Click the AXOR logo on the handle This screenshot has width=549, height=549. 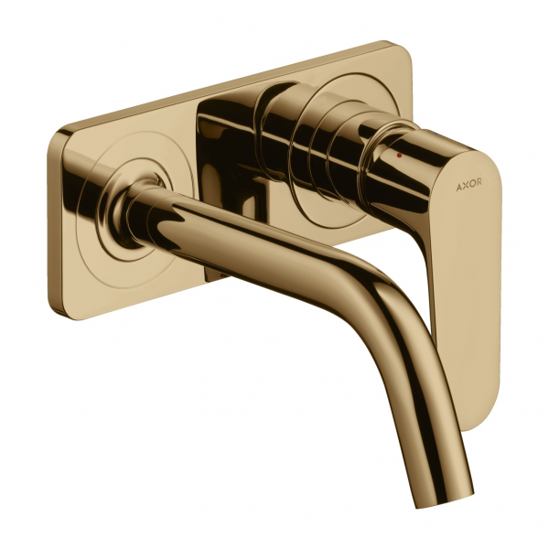(x=468, y=182)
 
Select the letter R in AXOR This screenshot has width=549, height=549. (x=479, y=181)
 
